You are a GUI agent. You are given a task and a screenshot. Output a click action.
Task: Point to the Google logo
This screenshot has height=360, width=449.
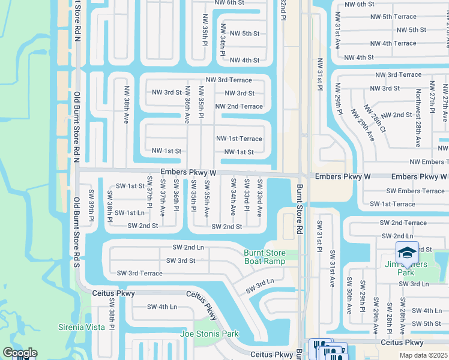click(20, 353)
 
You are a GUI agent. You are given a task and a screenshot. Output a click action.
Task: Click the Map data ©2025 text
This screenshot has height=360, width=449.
click(423, 355)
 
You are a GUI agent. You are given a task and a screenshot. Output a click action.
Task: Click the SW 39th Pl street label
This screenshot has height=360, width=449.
click(91, 205)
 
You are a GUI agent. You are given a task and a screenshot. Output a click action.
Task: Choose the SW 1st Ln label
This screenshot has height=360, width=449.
click(130, 212)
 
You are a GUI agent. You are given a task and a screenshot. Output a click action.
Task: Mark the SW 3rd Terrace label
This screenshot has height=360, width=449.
click(139, 273)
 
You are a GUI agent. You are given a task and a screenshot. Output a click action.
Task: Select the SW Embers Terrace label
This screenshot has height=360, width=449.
click(415, 191)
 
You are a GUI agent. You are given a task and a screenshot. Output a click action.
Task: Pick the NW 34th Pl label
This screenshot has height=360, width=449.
click(223, 41)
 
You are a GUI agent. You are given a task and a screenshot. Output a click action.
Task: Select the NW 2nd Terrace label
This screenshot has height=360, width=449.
click(243, 106)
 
